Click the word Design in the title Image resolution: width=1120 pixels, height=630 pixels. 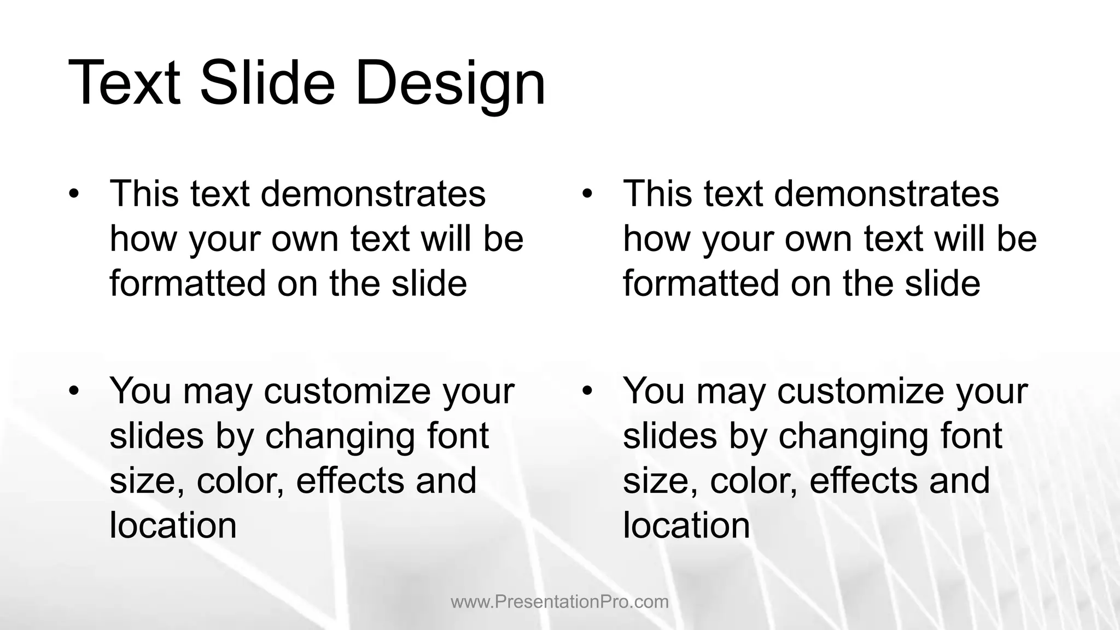click(x=450, y=84)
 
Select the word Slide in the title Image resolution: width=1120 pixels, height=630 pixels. click(x=267, y=84)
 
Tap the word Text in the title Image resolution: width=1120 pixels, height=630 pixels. click(x=124, y=84)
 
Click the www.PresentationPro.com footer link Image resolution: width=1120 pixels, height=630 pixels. click(x=559, y=602)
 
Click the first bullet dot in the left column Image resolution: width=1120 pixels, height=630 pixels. click(x=74, y=194)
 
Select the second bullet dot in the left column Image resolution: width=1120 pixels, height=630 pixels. click(x=74, y=391)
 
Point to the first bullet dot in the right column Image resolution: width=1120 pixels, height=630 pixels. click(x=587, y=194)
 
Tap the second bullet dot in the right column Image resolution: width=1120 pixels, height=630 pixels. click(x=587, y=391)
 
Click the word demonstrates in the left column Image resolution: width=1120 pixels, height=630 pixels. click(x=373, y=194)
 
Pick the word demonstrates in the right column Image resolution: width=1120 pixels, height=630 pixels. click(x=886, y=194)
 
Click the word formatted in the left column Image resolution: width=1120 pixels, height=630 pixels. click(x=188, y=283)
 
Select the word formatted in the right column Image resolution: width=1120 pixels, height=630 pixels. click(x=702, y=283)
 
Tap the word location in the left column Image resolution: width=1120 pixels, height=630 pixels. click(x=173, y=526)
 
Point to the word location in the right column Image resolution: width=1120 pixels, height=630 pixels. click(x=686, y=526)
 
